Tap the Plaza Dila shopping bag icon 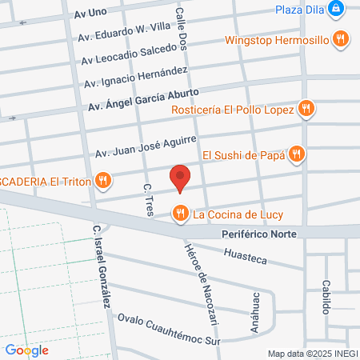click(x=339, y=10)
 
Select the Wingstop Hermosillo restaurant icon click(x=341, y=38)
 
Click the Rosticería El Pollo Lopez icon click(x=305, y=108)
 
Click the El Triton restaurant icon click(x=102, y=182)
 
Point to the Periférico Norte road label click(x=258, y=234)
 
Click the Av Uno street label click(x=90, y=14)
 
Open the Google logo click(x=26, y=350)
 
